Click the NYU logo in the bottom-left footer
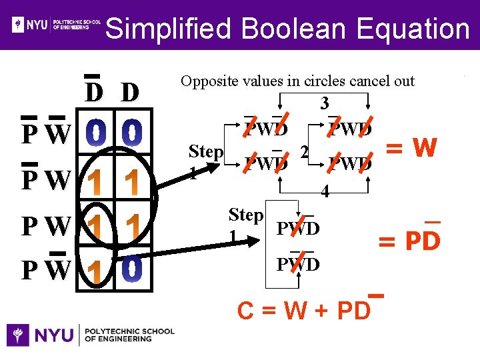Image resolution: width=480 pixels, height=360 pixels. (90, 334)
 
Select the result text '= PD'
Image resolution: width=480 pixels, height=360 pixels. (409, 240)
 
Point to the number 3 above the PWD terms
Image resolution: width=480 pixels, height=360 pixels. (324, 103)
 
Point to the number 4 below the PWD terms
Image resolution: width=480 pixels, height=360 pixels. (324, 192)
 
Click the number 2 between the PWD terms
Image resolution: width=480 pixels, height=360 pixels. (304, 153)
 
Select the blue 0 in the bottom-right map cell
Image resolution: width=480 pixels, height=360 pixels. (131, 269)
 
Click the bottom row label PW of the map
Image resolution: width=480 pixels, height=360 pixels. (45, 270)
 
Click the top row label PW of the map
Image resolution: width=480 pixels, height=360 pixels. (45, 135)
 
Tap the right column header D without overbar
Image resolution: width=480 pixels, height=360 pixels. (130, 92)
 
